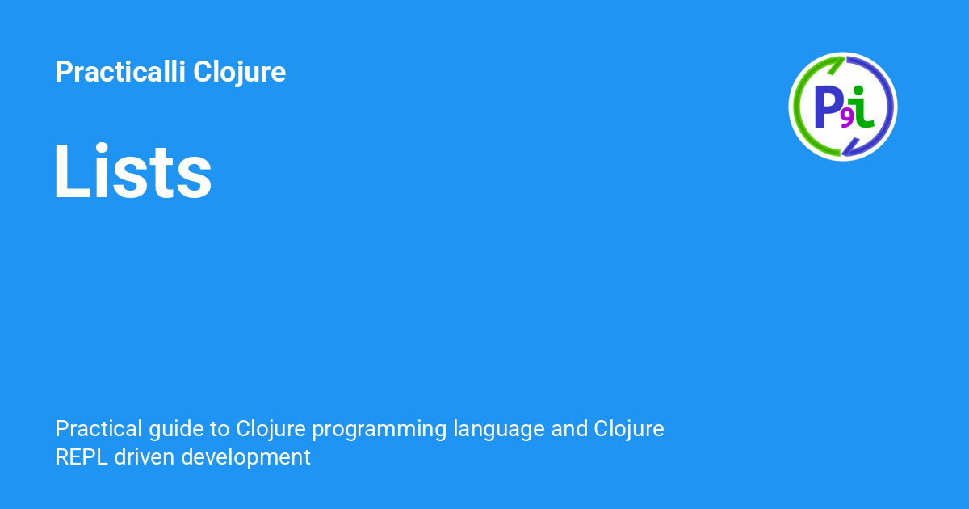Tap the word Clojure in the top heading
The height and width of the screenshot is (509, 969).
coord(239,72)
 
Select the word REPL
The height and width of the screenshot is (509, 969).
coord(82,456)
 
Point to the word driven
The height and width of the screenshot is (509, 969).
coord(145,456)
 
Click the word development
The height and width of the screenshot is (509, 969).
coord(246,457)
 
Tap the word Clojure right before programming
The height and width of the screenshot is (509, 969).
coord(272,428)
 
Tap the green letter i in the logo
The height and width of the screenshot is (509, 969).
coord(863,107)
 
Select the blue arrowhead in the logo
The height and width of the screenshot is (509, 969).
coord(850,147)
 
